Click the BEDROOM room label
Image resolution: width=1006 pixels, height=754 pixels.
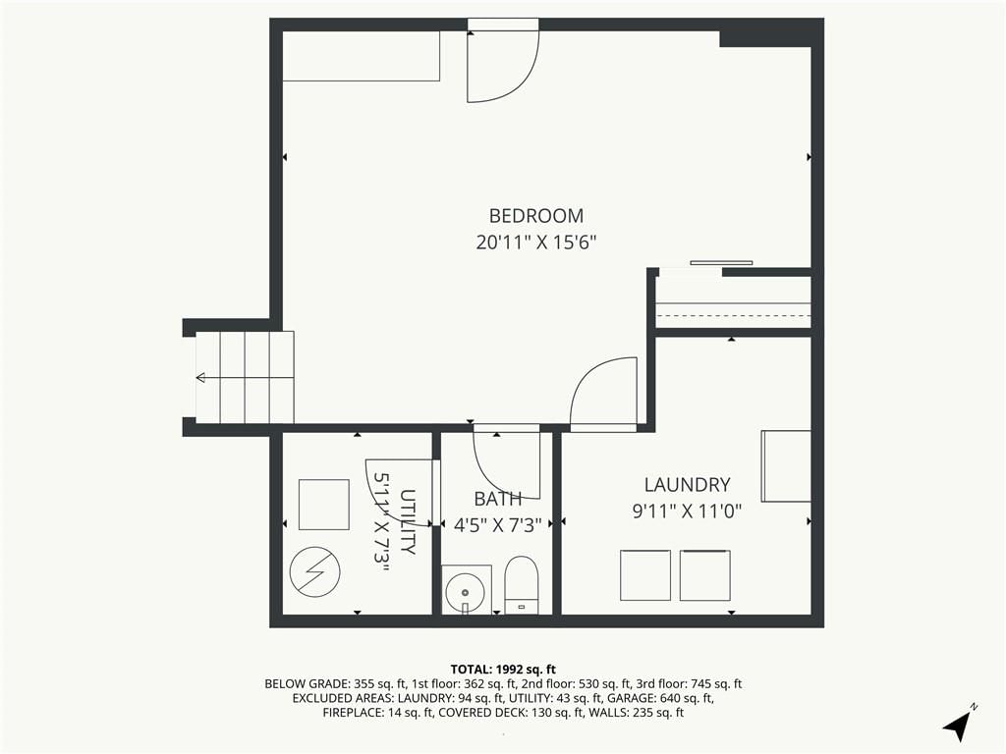pyautogui.click(x=536, y=215)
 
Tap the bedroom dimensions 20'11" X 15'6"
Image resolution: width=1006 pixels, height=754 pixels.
pyautogui.click(x=536, y=243)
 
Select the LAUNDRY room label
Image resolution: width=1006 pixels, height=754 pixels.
pyautogui.click(x=687, y=485)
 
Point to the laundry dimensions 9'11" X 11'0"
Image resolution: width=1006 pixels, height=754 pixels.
pyautogui.click(x=687, y=512)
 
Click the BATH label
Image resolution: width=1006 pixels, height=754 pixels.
pyautogui.click(x=498, y=499)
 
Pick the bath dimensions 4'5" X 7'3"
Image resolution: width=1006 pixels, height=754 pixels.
pyautogui.click(x=498, y=526)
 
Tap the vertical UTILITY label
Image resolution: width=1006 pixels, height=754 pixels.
pyautogui.click(x=408, y=521)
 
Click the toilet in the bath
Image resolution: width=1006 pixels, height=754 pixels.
pyautogui.click(x=521, y=585)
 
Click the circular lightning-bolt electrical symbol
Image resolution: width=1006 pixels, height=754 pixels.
pyautogui.click(x=314, y=571)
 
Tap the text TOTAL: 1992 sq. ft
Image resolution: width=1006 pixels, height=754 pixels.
pyautogui.click(x=503, y=670)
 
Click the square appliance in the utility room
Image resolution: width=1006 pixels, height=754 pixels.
pyautogui.click(x=324, y=505)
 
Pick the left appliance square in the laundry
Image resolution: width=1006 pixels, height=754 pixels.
pyautogui.click(x=645, y=575)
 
